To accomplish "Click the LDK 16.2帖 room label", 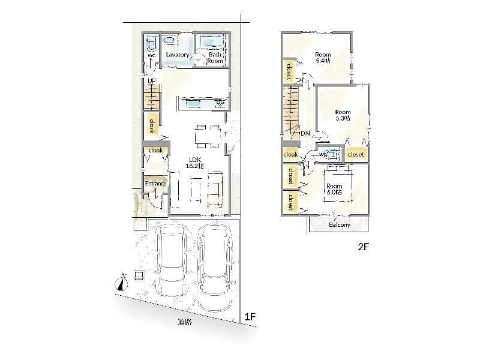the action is [195, 163].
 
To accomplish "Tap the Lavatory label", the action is [178, 55].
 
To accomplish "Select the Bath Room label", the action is [215, 58].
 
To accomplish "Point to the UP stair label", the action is [152, 81].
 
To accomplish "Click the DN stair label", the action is [305, 133].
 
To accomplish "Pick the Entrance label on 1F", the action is [156, 184].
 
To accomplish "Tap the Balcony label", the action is [340, 224].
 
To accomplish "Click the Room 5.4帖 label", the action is [323, 58].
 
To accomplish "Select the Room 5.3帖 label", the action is [343, 115].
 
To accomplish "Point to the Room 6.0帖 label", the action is [334, 189].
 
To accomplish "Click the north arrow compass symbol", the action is [122, 282].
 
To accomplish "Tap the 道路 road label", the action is [185, 322].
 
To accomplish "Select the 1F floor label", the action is [250, 317].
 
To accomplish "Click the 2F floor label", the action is [364, 247].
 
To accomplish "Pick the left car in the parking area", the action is [171, 260].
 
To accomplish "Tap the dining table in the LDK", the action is [208, 136].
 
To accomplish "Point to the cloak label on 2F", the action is [290, 154].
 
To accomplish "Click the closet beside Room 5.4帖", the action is [289, 71].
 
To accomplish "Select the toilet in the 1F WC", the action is [151, 44].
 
